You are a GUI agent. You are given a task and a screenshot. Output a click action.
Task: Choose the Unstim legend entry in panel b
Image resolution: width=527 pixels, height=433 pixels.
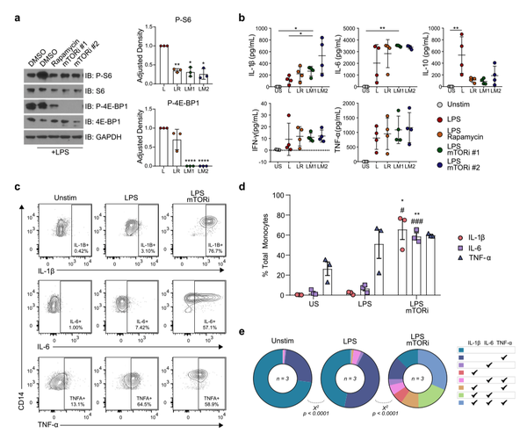(482, 104)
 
